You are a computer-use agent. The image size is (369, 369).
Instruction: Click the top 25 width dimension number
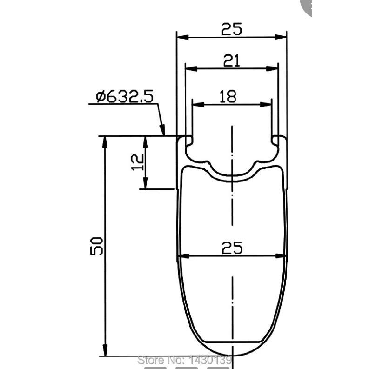[232, 29]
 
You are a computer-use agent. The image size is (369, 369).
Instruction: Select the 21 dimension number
[232, 60]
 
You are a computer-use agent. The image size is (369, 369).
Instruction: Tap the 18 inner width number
[228, 96]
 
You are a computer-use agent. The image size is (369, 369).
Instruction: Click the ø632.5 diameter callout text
[125, 96]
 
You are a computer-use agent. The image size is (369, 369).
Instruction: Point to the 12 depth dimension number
[137, 162]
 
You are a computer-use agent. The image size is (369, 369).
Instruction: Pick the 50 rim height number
[97, 246]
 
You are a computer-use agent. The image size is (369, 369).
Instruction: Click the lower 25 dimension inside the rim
[232, 248]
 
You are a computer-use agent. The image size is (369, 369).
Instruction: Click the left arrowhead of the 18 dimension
[198, 105]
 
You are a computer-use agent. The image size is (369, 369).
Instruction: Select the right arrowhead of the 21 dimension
[272, 68]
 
